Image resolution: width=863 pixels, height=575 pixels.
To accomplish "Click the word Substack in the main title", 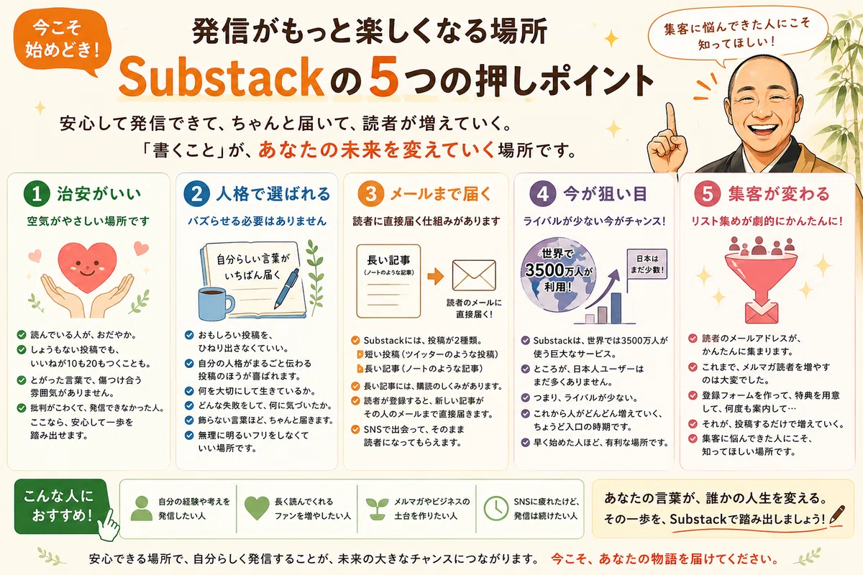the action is tap(222, 77).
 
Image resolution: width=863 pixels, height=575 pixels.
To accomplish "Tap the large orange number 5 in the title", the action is tap(384, 76).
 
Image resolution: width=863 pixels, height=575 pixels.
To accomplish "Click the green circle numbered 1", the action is tap(37, 194).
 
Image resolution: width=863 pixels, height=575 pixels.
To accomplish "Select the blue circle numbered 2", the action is tap(196, 194).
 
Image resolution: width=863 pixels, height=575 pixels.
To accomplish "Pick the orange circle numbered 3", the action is tap(370, 194).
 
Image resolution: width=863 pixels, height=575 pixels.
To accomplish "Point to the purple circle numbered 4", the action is tap(542, 194).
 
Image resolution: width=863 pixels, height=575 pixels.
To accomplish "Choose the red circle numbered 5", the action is tap(708, 194).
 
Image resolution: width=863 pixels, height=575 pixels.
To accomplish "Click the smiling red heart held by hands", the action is tap(87, 267).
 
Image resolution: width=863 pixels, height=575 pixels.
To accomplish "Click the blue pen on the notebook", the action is tap(287, 288).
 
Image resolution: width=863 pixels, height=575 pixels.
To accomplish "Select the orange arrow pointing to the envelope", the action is tap(436, 276).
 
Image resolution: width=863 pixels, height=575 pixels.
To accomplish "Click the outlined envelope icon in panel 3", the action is tap(474, 275).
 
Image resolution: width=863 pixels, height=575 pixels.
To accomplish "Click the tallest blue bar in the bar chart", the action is tap(616, 308).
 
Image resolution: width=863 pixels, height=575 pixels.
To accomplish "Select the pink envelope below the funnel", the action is tap(762, 313).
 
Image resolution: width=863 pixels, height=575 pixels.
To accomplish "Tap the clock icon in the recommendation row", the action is tap(496, 509).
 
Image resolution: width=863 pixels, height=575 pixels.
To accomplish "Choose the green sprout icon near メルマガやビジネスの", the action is tap(377, 509).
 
